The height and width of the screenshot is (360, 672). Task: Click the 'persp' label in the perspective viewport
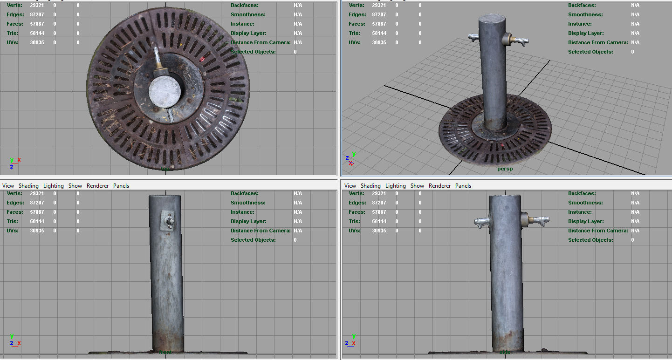[x=505, y=169]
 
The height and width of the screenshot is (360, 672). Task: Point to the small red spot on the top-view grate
[x=202, y=59]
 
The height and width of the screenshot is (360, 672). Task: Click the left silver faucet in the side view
[x=480, y=223]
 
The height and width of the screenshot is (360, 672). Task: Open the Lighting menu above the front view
[x=54, y=186]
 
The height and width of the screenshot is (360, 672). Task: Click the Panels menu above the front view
[x=121, y=186]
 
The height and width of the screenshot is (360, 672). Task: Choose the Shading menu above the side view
[x=370, y=186]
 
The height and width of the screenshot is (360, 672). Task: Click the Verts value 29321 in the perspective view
[x=379, y=5]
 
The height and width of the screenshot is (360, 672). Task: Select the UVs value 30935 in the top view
[x=37, y=42]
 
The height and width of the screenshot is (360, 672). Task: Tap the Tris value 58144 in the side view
[x=379, y=221]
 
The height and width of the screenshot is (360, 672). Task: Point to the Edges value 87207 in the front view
[x=37, y=203]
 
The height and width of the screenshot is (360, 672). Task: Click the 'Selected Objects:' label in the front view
[x=253, y=240]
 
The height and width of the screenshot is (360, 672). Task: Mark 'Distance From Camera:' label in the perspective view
[x=598, y=42]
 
